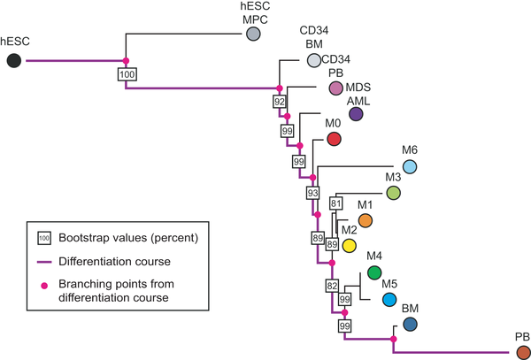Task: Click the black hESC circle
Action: click(13, 60)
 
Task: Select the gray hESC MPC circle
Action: click(253, 34)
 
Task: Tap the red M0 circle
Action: click(335, 139)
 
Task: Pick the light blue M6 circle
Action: click(410, 165)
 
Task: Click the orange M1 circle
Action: click(365, 220)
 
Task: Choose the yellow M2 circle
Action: click(349, 244)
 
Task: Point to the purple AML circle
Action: click(357, 114)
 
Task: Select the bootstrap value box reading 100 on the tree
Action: click(127, 75)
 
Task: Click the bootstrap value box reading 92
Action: click(280, 103)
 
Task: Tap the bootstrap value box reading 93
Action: click(312, 192)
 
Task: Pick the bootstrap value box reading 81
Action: click(335, 204)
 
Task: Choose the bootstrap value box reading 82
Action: click(332, 286)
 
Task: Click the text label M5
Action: click(389, 283)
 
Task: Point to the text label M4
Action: click(373, 257)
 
